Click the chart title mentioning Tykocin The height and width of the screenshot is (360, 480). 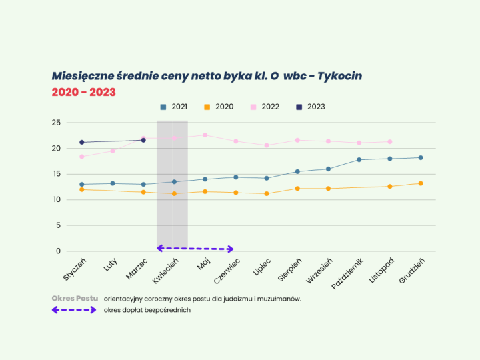207,76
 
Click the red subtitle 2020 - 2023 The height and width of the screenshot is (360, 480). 84,92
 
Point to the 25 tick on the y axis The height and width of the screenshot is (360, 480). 56,123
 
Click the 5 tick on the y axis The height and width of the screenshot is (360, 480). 58,225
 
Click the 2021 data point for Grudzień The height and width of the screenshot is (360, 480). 421,157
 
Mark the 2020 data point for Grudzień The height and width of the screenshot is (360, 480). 421,183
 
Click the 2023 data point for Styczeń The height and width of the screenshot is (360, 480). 81,142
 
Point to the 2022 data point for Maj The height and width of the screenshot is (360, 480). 205,135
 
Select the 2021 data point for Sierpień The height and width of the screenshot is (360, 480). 297,171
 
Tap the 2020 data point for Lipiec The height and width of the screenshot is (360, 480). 267,193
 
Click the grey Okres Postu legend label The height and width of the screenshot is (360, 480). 75,298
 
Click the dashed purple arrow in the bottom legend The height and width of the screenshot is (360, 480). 75,310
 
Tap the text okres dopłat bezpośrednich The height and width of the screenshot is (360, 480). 147,310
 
